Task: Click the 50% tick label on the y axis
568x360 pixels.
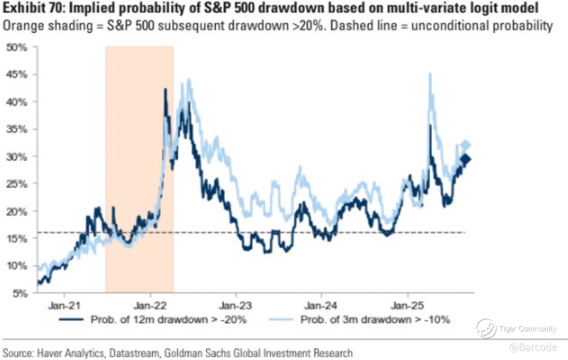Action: tap(17, 48)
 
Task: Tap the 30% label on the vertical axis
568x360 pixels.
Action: tap(17, 157)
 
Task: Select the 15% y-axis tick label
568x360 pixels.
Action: tap(17, 239)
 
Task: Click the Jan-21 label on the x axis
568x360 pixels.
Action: tap(64, 306)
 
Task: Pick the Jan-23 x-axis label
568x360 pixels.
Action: tap(236, 306)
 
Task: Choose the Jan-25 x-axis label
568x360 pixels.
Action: tap(407, 306)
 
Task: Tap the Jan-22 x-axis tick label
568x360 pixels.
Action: tap(150, 306)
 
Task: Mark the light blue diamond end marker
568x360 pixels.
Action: tap(466, 145)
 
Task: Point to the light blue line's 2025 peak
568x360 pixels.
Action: tap(430, 73)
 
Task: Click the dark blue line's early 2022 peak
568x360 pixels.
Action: tap(165, 89)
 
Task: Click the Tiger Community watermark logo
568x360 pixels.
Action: tap(486, 328)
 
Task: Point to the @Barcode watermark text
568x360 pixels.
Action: tap(533, 347)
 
